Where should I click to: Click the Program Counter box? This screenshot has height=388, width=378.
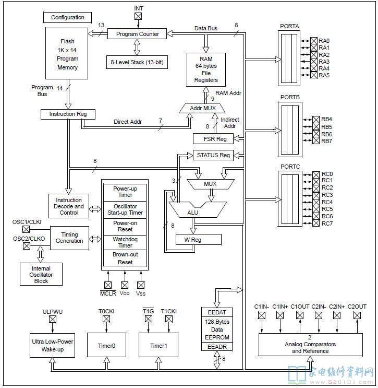click(x=137, y=34)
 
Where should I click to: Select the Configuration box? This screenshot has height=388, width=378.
click(x=67, y=17)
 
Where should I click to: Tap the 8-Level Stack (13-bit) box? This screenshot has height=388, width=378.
click(x=137, y=62)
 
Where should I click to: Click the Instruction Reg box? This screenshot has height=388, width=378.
click(x=68, y=114)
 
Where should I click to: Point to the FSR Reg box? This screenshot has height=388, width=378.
click(x=213, y=139)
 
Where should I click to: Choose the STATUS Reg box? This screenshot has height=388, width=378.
click(x=213, y=155)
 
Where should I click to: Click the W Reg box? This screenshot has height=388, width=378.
click(x=199, y=240)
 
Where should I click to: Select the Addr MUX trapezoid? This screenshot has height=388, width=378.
click(x=202, y=108)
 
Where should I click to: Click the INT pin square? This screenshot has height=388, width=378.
click(x=138, y=16)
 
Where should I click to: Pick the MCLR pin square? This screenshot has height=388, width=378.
click(x=108, y=285)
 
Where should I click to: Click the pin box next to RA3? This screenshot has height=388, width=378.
click(x=313, y=62)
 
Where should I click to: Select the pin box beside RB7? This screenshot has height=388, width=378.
click(x=316, y=140)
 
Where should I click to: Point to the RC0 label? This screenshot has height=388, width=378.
click(x=327, y=174)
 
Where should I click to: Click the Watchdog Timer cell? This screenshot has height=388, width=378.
click(x=125, y=242)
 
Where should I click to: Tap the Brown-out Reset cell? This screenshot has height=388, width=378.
click(x=125, y=258)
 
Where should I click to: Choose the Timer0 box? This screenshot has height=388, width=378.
click(x=106, y=345)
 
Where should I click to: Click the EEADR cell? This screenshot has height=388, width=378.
click(x=217, y=347)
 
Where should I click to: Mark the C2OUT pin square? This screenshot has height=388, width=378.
click(x=357, y=315)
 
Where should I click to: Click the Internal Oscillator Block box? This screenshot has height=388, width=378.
click(x=41, y=275)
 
